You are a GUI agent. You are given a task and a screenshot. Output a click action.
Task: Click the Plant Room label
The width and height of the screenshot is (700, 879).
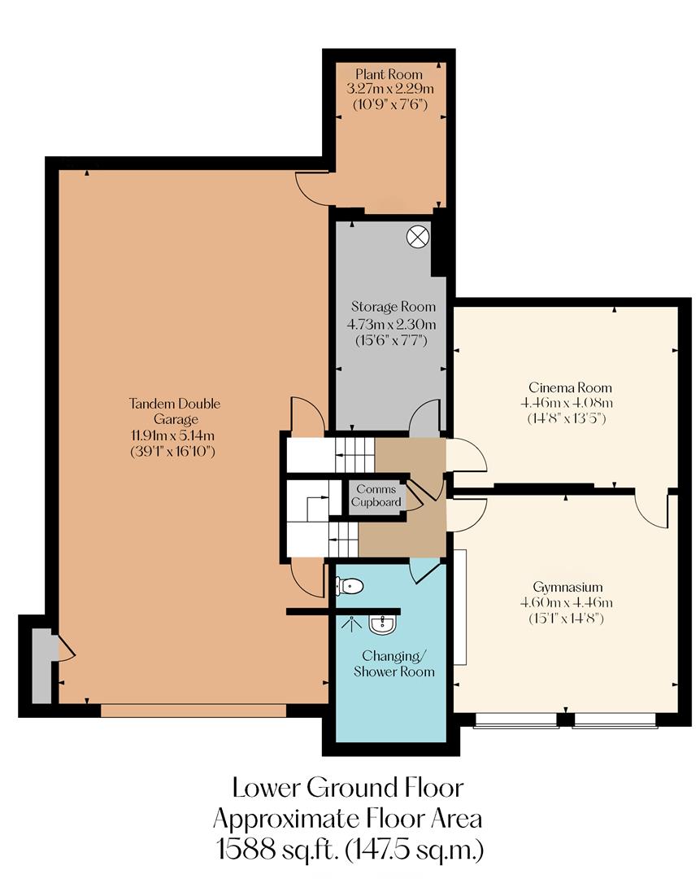[389, 75]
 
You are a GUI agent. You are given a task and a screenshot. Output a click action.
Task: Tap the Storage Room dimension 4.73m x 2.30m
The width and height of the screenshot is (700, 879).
[389, 323]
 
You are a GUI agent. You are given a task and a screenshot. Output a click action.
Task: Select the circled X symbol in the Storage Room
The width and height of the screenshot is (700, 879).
[417, 237]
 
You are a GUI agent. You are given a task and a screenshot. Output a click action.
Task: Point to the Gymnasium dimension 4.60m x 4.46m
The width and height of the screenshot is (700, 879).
[566, 602]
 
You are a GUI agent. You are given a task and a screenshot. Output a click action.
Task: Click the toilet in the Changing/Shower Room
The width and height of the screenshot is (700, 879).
[350, 585]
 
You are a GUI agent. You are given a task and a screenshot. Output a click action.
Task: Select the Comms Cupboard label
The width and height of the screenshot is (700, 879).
[375, 496]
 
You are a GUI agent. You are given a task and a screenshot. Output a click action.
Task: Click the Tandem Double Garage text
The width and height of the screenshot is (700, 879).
[174, 411]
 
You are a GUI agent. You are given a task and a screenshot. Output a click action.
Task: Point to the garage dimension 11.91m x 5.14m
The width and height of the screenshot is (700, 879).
[174, 435]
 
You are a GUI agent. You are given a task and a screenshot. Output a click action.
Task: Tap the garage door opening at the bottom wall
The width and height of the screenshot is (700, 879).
[193, 711]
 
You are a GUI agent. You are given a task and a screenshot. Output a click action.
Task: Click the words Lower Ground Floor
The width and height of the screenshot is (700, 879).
[348, 788]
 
